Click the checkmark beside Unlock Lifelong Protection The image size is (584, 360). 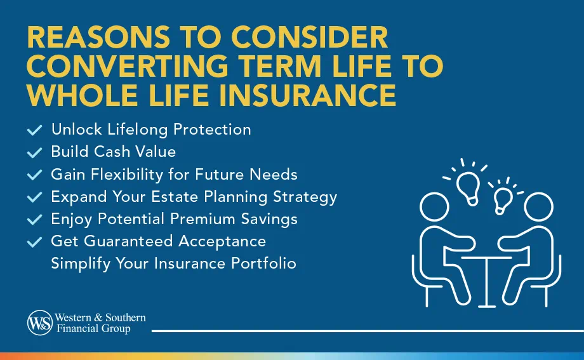coord(34,130)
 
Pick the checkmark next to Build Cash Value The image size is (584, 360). coord(34,152)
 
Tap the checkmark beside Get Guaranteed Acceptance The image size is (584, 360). coord(34,241)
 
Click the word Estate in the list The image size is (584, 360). coord(198,196)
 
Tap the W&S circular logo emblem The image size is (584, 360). coord(39,322)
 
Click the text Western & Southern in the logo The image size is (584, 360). coord(100,317)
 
